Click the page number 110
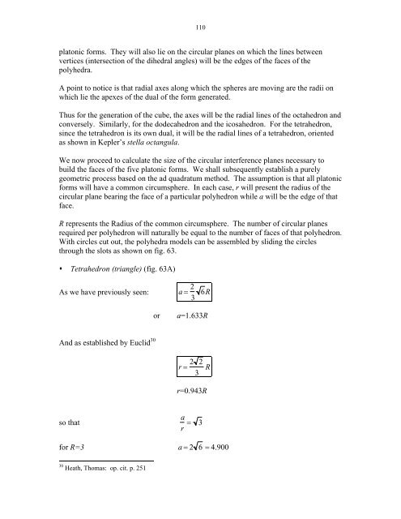point(200,28)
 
